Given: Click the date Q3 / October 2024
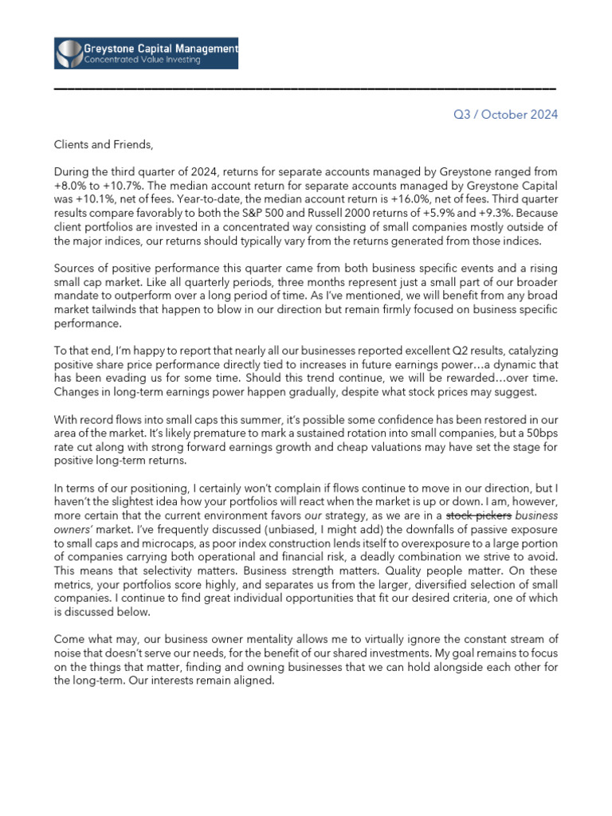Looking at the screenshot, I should tap(505, 115).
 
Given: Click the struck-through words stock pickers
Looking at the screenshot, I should tap(481, 516).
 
